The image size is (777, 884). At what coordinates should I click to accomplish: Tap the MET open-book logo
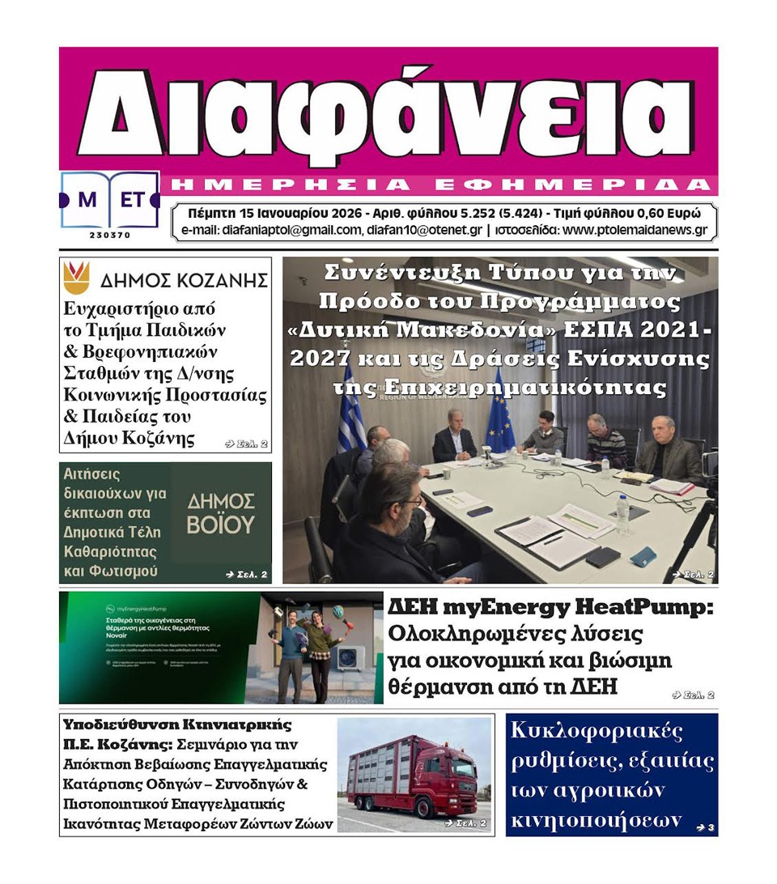click(109, 200)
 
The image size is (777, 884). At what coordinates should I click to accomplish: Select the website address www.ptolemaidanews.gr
click(635, 231)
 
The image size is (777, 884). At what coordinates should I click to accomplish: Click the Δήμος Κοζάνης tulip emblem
click(76, 278)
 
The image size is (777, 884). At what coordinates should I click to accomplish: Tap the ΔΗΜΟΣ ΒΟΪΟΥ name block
click(220, 513)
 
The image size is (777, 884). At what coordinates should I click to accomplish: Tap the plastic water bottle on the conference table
click(622, 512)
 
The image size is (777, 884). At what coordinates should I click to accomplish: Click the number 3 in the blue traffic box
click(711, 827)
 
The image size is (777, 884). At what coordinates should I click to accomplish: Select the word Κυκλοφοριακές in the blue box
click(597, 732)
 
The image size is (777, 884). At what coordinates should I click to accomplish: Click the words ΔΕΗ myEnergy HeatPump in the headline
click(550, 606)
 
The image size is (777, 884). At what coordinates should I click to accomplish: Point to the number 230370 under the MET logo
click(109, 236)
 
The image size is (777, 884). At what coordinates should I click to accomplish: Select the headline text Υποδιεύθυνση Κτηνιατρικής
click(177, 725)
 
